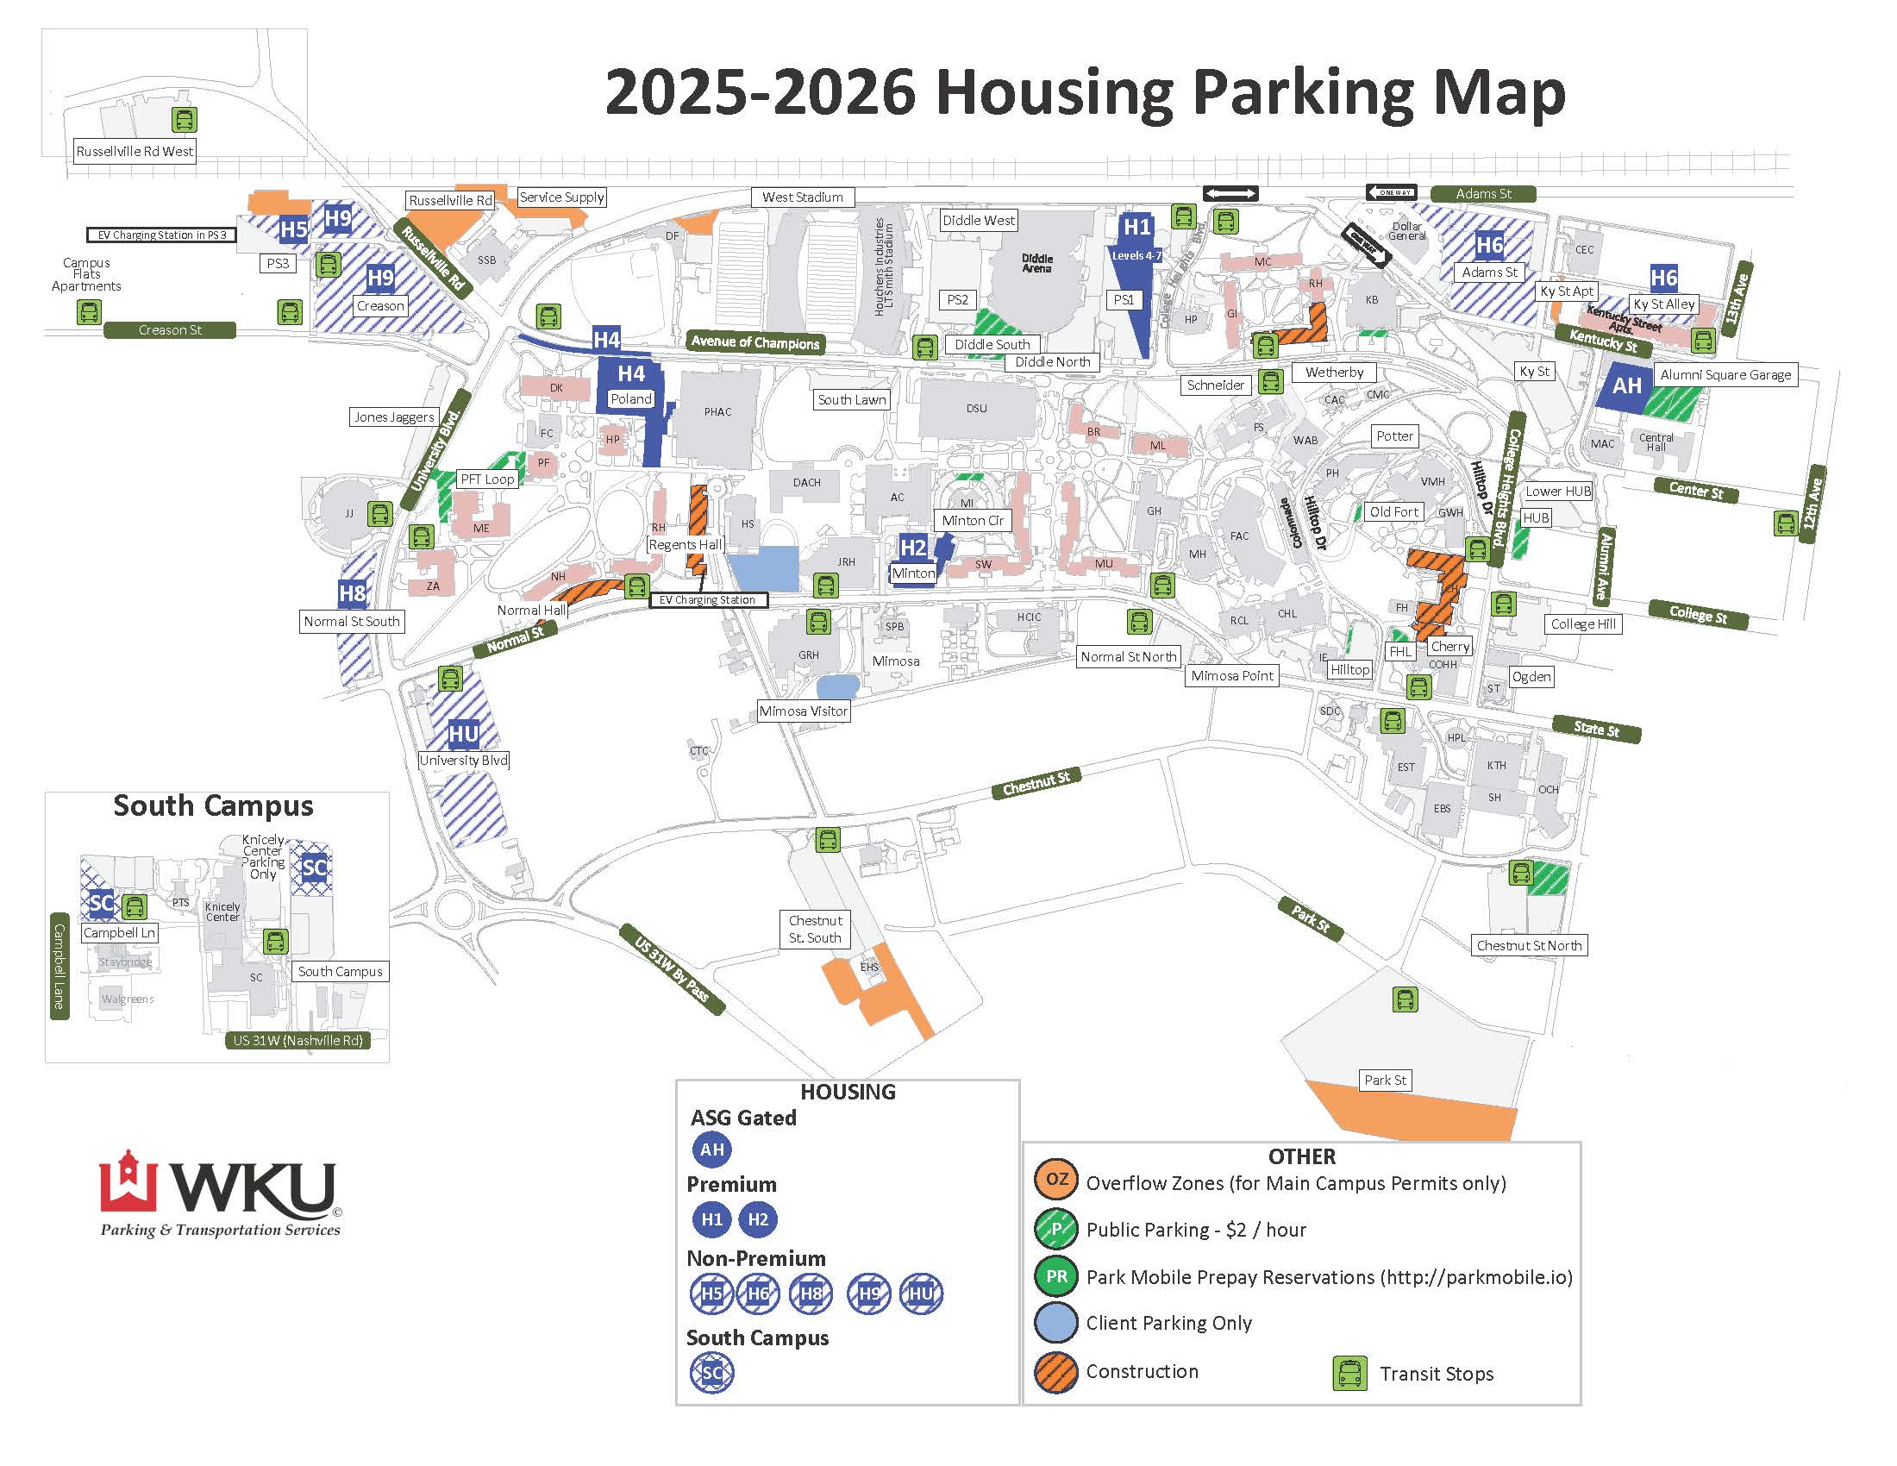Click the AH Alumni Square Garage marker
pos(1626,385)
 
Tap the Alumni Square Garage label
pos(1725,375)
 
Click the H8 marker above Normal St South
pos(352,593)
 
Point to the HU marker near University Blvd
pos(463,735)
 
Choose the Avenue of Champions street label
pos(754,342)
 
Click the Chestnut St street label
pos(1036,783)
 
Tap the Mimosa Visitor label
pos(803,711)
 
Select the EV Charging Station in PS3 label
pos(161,235)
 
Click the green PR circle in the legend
pos(1056,1276)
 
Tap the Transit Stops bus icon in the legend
pos(1349,1373)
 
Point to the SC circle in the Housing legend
pos(711,1373)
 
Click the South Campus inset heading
pos(213,806)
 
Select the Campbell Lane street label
pos(59,966)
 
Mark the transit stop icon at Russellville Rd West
pos(185,120)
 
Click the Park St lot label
pos(1385,1081)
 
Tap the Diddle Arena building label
pos(1036,263)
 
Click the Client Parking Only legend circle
pos(1056,1323)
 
